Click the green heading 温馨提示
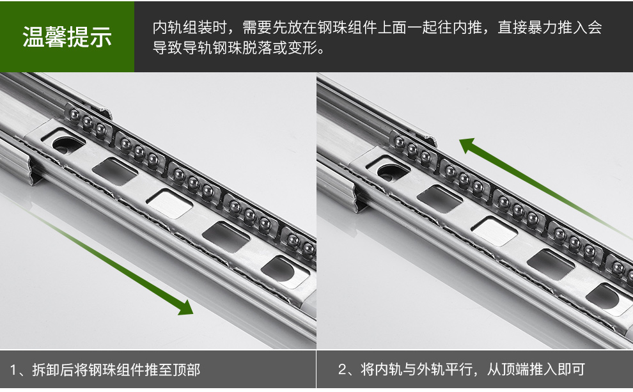click(67, 36)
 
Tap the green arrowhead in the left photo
click(185, 307)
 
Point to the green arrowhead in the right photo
click(467, 145)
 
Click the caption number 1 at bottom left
click(13, 370)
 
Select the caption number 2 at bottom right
click(342, 369)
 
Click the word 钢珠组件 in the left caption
click(116, 370)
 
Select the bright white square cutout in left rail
click(169, 203)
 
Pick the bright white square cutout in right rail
click(494, 231)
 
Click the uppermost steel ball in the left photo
click(74, 114)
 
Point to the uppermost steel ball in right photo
click(399, 142)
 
